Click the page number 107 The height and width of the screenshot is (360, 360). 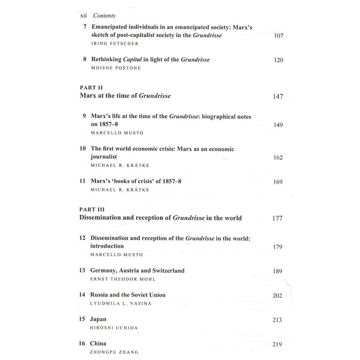tap(278, 36)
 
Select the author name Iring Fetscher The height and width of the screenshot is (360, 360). tap(114, 44)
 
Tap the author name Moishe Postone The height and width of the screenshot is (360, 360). tap(116, 68)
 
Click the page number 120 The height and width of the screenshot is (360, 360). tap(278, 60)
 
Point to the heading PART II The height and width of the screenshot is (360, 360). tap(91, 88)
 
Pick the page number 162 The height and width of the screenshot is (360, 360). tap(278, 157)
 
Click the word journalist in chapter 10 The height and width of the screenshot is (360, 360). tap(104, 157)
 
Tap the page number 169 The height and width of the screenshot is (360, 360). tap(278, 182)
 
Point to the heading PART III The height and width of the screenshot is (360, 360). tap(92, 210)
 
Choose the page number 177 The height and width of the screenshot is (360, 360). tap(277, 218)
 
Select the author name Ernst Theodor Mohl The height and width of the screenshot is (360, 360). tap(123, 279)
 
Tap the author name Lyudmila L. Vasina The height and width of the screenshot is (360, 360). tap(121, 303)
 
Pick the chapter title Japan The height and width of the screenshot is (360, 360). tap(98, 319)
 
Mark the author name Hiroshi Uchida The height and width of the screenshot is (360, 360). tap(114, 328)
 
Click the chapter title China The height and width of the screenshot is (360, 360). tap(98, 343)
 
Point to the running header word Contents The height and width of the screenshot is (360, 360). tap(104, 15)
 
